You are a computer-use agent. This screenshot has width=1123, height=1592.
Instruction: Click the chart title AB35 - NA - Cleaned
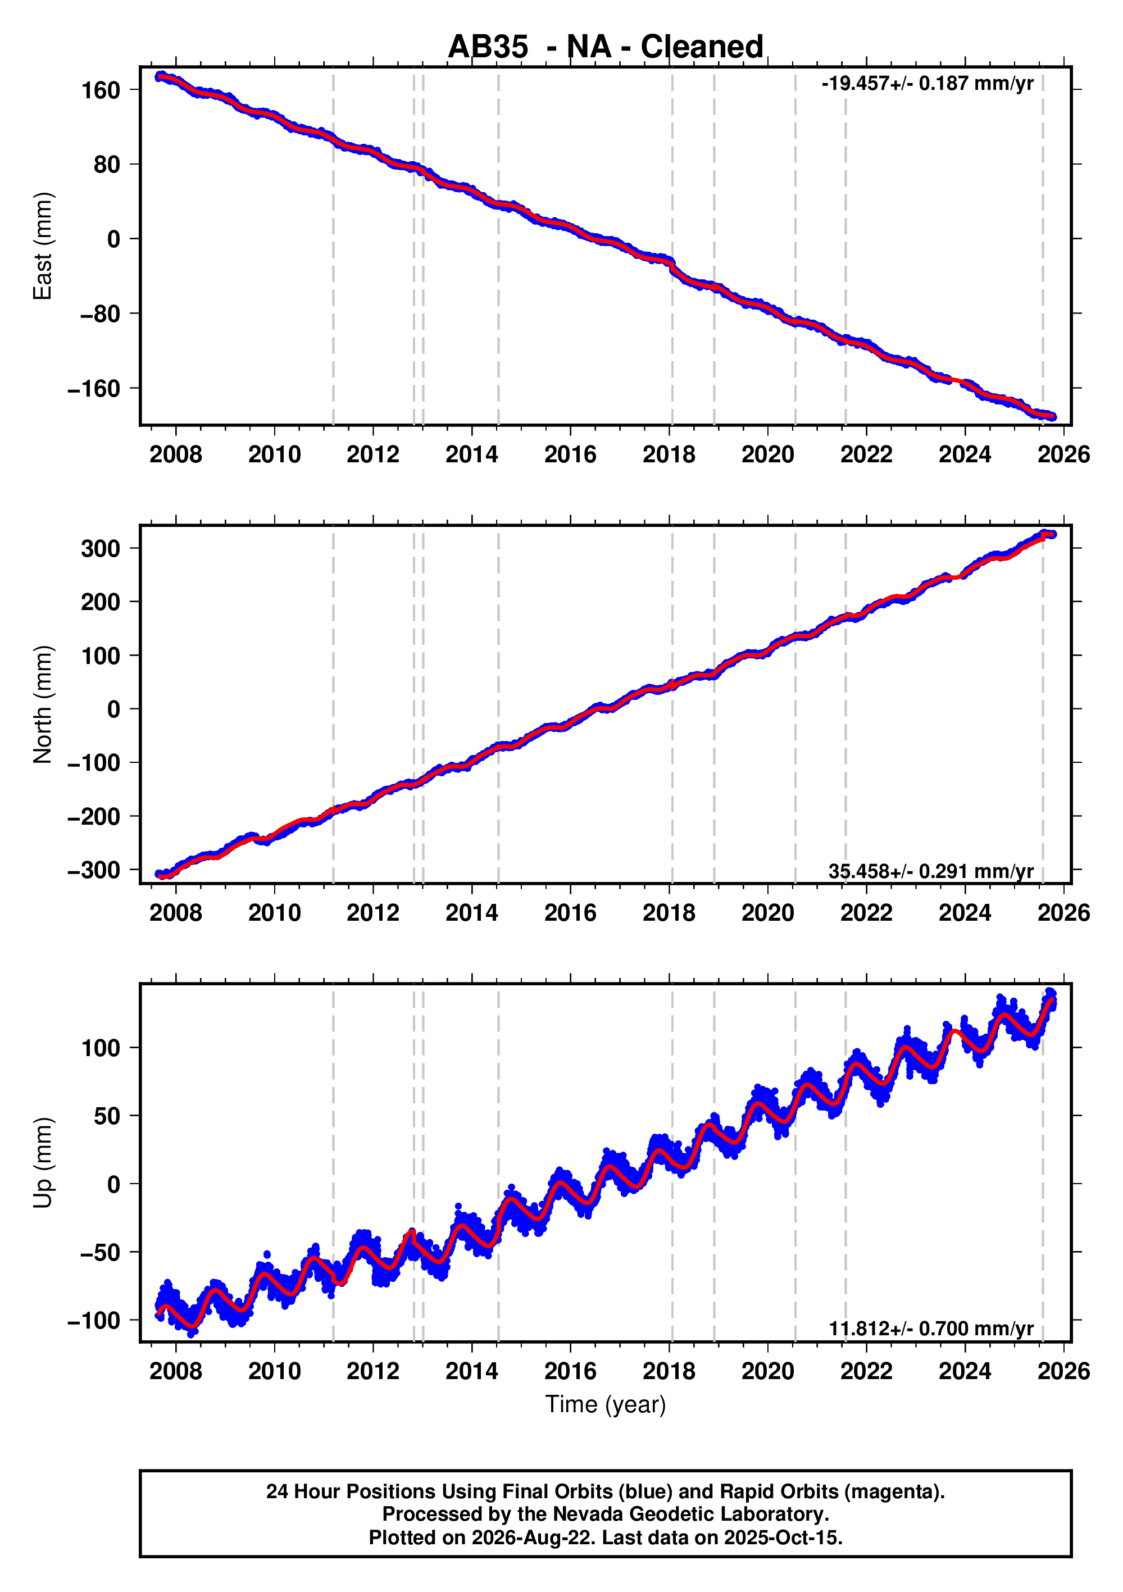tap(605, 47)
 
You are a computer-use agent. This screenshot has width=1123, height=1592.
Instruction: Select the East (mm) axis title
tap(42, 246)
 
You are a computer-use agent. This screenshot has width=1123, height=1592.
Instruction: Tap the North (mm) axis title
tap(42, 704)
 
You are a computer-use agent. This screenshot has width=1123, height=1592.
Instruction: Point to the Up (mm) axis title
tap(42, 1163)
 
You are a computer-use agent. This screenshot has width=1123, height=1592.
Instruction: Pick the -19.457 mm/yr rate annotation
tap(928, 84)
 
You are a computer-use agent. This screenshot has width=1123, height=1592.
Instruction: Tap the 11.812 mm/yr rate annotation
tap(931, 1329)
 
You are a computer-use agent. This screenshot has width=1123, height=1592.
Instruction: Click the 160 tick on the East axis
tap(101, 90)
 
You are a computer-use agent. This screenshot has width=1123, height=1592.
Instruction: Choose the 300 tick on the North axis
tap(101, 548)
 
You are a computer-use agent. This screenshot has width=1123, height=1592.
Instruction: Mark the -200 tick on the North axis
tap(94, 816)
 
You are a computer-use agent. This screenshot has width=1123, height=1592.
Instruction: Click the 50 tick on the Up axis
tap(107, 1116)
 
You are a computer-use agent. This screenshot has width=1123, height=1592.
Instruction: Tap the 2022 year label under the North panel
tap(866, 913)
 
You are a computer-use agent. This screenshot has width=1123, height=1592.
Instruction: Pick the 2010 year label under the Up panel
tap(275, 1371)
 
